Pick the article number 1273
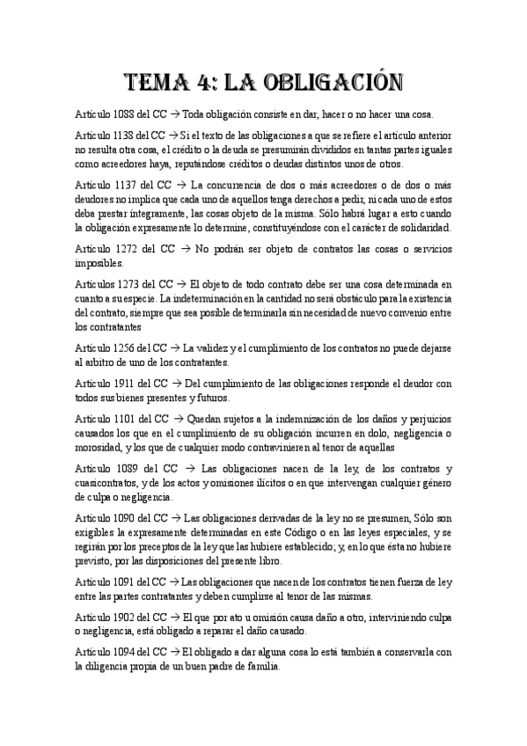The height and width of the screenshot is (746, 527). tap(129, 284)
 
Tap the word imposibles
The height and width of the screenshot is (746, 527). tap(100, 263)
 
